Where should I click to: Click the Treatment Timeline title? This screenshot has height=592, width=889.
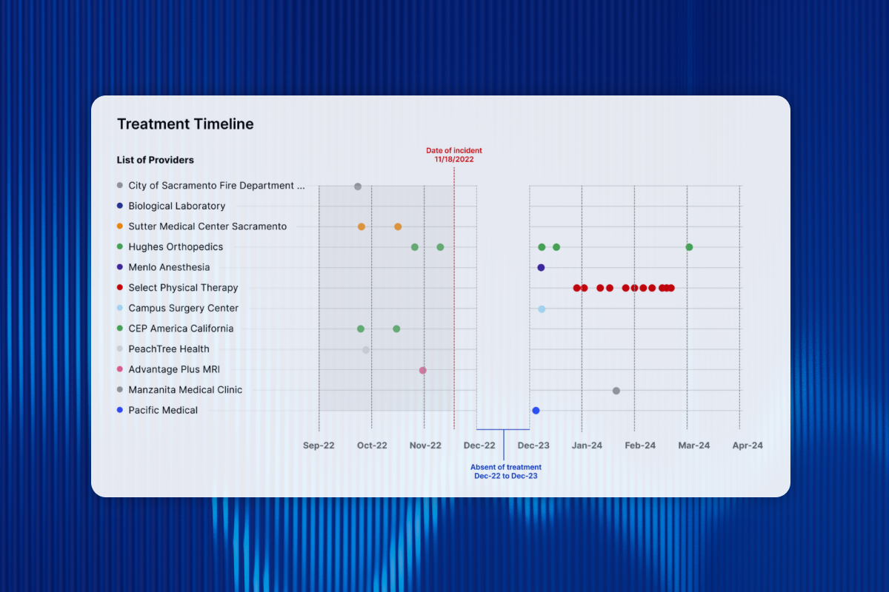[x=185, y=124]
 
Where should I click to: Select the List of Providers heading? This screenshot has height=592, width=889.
[x=155, y=160]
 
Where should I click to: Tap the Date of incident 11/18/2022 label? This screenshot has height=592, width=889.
[x=453, y=155]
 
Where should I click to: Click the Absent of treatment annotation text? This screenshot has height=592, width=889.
[x=505, y=471]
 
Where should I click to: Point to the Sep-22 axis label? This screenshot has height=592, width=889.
[x=319, y=445]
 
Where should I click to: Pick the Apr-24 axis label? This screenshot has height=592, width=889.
[x=748, y=445]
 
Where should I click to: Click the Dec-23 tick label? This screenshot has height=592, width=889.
[x=533, y=445]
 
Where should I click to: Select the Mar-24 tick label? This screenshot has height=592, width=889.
[x=694, y=445]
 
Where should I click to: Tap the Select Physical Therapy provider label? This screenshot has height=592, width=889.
[x=183, y=288]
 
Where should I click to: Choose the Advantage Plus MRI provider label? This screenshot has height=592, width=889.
[x=174, y=369]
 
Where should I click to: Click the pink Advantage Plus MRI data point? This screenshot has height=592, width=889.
[x=422, y=370]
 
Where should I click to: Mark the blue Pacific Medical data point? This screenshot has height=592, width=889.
[x=536, y=411]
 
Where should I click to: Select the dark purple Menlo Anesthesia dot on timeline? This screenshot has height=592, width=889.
[x=541, y=268]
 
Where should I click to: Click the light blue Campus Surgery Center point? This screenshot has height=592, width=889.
[x=542, y=309]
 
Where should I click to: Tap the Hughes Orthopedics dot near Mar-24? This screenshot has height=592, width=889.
[x=689, y=247]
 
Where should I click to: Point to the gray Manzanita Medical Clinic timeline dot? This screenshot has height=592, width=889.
[x=616, y=391]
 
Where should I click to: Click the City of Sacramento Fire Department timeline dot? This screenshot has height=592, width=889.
[x=357, y=186]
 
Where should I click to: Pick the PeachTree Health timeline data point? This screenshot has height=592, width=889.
[x=365, y=349]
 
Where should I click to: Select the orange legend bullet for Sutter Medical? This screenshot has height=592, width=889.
[x=120, y=226]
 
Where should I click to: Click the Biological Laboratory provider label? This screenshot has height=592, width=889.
[x=176, y=206]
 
